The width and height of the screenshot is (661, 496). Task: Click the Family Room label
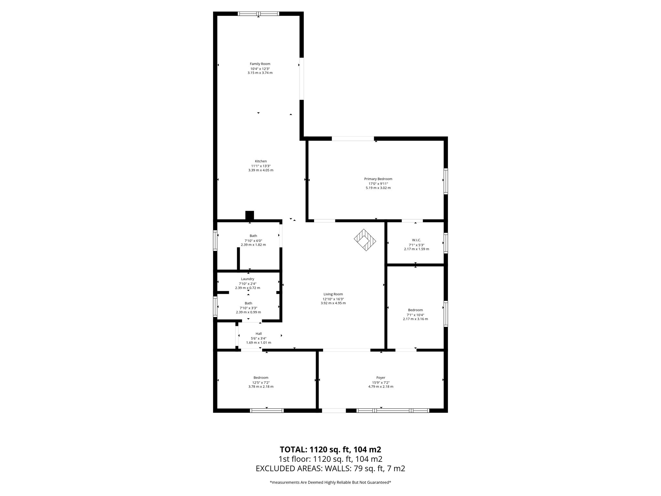tap(260, 64)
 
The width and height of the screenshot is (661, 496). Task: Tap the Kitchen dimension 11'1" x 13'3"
tap(261, 166)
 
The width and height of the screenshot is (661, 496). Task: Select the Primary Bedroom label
tap(378, 179)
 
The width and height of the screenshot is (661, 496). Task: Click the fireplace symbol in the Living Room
tap(365, 240)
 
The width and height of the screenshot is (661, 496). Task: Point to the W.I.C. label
tap(416, 240)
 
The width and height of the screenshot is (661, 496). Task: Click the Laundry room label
tap(248, 279)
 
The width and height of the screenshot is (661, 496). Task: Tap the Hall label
tap(259, 334)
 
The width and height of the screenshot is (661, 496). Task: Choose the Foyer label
tap(381, 377)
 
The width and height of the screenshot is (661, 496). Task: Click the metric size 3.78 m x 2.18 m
tap(261, 387)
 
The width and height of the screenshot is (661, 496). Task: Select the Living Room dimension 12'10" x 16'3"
tap(333, 299)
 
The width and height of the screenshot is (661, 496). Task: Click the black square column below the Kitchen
tap(249, 215)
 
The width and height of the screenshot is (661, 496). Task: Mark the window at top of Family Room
tap(259, 14)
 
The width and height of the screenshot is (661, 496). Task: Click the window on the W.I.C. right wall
tap(446, 243)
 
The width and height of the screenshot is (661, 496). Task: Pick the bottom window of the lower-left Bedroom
tap(267, 410)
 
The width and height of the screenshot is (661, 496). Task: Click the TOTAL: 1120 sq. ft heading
tap(330, 449)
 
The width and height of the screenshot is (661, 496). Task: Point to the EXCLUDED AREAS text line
tap(330, 469)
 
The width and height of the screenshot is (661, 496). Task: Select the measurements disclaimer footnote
tap(330, 482)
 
